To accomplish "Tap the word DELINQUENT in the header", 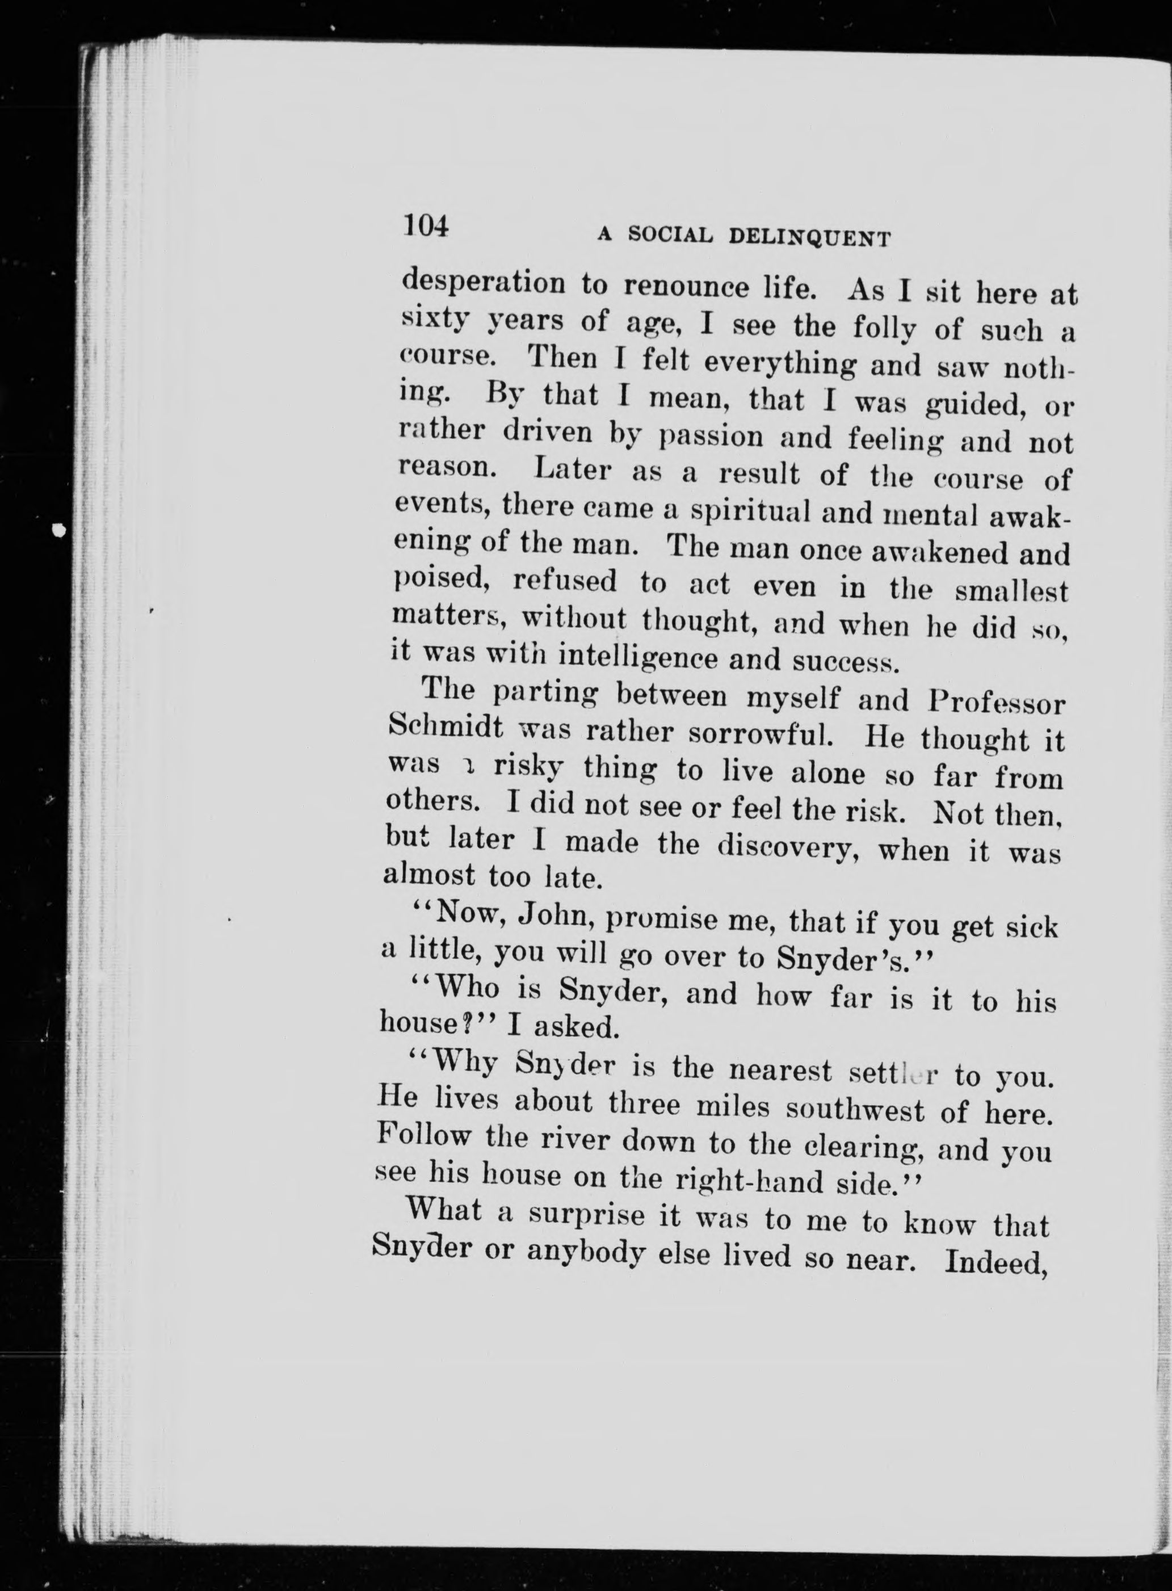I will (x=809, y=238).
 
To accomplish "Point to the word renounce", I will (x=695, y=287).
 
